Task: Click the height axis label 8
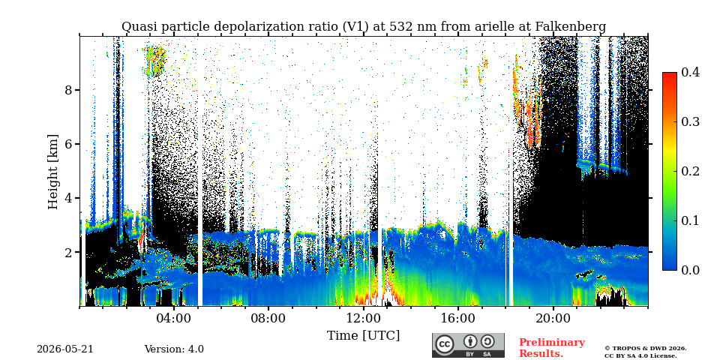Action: [x=68, y=90]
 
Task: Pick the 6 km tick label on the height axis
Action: [x=68, y=144]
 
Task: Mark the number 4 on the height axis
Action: [x=68, y=198]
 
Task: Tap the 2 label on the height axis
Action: [x=68, y=253]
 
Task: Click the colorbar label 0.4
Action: [x=690, y=72]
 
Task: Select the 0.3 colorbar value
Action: [x=690, y=121]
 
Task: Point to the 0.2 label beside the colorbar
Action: [x=690, y=171]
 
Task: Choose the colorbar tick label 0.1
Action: [x=690, y=220]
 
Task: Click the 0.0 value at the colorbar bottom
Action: [x=690, y=270]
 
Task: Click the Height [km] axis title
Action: [x=53, y=172]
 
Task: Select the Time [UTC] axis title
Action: [x=363, y=336]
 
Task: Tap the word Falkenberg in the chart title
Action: [x=570, y=27]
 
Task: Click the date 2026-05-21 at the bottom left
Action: [x=65, y=349]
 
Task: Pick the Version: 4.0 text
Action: [x=174, y=349]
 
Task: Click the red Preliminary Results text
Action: [x=552, y=348]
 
